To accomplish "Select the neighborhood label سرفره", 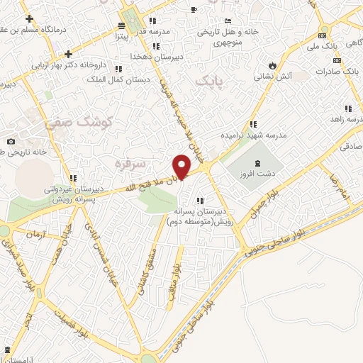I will coord(130,164).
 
